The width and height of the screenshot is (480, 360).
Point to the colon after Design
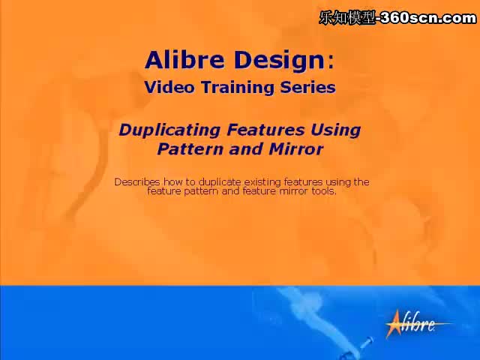tap(331, 62)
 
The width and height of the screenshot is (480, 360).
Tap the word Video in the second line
tap(169, 87)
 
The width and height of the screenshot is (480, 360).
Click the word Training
tap(238, 88)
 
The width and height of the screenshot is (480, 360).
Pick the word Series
tap(308, 87)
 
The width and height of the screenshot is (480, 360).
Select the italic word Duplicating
tap(169, 130)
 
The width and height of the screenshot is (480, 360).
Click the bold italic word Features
tap(265, 130)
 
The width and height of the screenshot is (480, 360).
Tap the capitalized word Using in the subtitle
tap(336, 130)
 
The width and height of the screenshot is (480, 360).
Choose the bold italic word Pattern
tap(190, 149)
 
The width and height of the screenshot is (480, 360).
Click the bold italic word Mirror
tap(296, 149)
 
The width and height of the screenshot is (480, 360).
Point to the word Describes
tap(137, 181)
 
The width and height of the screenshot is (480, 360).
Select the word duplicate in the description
tap(220, 182)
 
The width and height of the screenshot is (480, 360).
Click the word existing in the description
tap(262, 182)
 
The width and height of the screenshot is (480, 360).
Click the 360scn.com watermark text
tap(428, 18)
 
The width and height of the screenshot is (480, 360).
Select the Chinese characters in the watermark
tap(347, 18)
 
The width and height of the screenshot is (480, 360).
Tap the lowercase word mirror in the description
tap(293, 191)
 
